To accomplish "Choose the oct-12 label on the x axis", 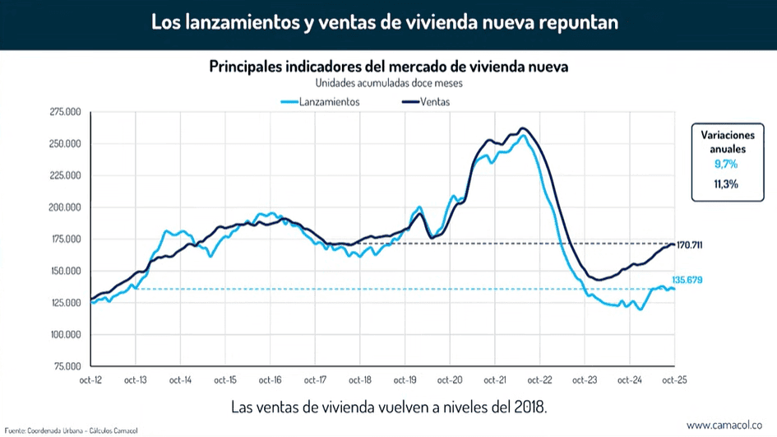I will (90, 380).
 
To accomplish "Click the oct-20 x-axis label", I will (449, 380).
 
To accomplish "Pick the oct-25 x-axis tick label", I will (674, 380).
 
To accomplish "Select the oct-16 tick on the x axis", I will (270, 380).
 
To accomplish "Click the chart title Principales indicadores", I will (388, 65).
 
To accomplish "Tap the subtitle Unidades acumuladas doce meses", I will (388, 83).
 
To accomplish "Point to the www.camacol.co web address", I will (727, 425).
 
